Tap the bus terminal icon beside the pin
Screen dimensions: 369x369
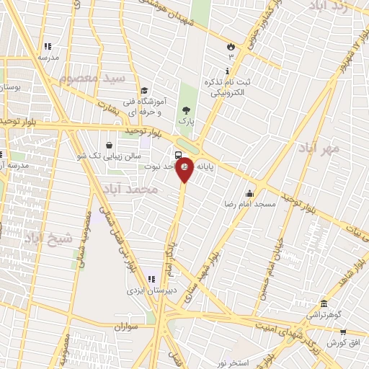[x=178, y=155]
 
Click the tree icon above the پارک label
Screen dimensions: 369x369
[x=187, y=110]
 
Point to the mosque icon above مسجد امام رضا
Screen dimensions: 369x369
[x=250, y=193]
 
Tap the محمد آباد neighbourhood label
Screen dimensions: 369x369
[x=130, y=189]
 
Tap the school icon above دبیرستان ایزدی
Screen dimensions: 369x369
[x=151, y=279]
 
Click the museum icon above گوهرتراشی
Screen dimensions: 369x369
[x=324, y=303]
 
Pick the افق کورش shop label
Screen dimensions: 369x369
[x=352, y=342]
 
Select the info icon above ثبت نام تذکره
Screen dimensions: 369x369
[x=228, y=71]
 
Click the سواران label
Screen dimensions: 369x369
[x=125, y=327]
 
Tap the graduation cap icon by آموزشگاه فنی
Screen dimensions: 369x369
[x=145, y=91]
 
